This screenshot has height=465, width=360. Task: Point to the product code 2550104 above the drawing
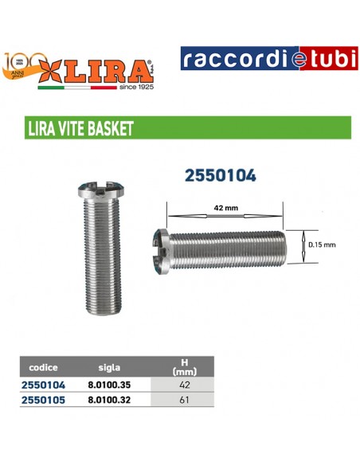pos(220,175)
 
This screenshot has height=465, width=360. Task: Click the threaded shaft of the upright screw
pos(102,255)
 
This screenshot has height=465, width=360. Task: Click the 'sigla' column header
pos(109,368)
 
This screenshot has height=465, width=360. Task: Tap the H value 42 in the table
pos(184,384)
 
